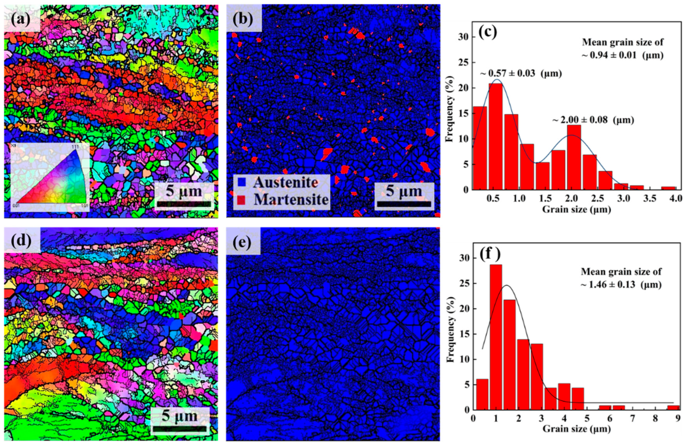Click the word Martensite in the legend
click(291, 199)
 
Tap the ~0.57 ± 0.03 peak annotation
click(521, 74)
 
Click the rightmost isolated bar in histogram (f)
click(673, 408)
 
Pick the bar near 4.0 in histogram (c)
click(668, 188)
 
